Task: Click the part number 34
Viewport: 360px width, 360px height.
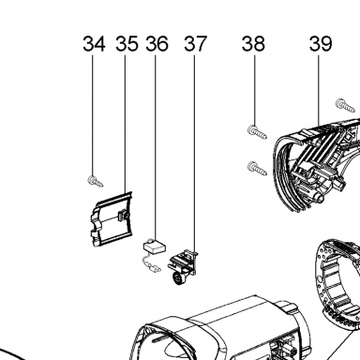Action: (x=94, y=44)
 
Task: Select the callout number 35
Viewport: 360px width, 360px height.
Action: (x=127, y=44)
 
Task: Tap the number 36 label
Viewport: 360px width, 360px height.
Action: (x=157, y=44)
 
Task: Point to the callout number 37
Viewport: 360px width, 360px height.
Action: (x=195, y=44)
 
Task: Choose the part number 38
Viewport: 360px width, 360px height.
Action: (x=253, y=44)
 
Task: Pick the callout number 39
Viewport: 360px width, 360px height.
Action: (x=321, y=44)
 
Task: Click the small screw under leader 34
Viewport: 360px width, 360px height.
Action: (x=95, y=181)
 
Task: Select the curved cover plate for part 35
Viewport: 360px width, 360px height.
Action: (x=112, y=219)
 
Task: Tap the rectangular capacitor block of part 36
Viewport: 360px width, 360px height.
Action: (x=155, y=247)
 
